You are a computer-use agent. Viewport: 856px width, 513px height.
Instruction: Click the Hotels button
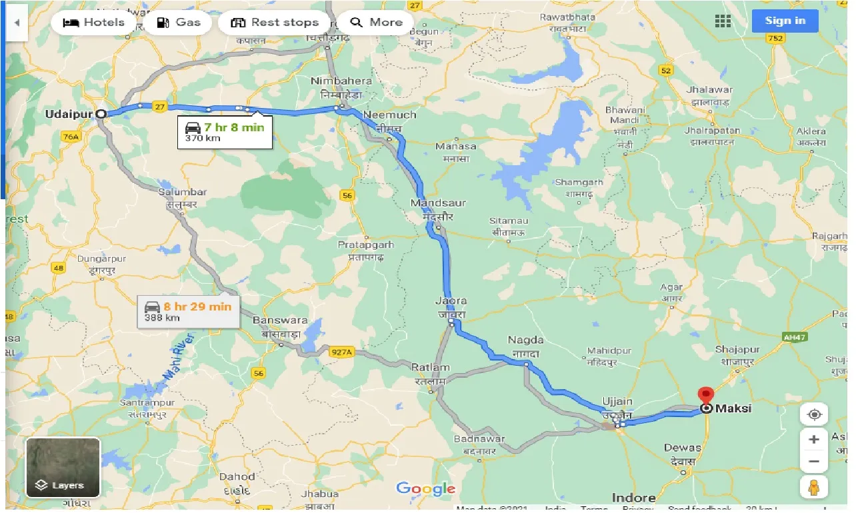coord(93,23)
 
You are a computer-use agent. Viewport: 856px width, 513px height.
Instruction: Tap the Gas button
coord(177,23)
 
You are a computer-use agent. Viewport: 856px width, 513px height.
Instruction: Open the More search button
coord(376,23)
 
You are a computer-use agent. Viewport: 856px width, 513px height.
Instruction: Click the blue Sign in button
coord(785,21)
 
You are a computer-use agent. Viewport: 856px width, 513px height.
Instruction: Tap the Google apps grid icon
coord(723,21)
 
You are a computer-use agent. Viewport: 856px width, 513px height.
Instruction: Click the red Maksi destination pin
coord(705,395)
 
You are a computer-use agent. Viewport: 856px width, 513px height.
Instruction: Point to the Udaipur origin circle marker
coord(101,114)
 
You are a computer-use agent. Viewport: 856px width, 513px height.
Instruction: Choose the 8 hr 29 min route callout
coord(189,311)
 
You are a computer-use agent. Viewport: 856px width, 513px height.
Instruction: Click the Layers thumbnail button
coord(63,467)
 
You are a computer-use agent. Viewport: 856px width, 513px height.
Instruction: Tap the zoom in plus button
coord(814,440)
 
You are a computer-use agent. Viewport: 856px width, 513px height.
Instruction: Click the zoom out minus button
coord(814,461)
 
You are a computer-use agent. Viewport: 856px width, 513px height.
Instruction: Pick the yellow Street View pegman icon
coord(814,488)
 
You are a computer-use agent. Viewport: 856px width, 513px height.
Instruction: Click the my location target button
coord(814,414)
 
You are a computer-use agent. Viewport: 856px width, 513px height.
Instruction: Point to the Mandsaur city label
coord(438,203)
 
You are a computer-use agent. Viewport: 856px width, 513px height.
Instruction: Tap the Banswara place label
coord(280,320)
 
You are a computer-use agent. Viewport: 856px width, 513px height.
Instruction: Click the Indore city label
coord(633,498)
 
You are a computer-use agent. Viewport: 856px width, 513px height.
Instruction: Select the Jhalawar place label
coord(710,90)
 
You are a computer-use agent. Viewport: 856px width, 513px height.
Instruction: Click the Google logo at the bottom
coord(425,489)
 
